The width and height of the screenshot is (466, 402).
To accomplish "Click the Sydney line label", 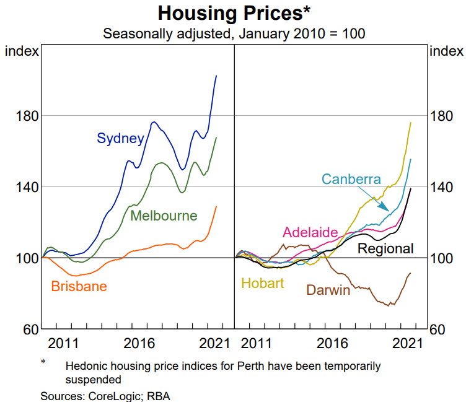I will point(120,138).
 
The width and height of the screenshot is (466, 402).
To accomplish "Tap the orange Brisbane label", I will point(79,286).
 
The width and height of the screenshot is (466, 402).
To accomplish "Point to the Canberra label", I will point(351,180).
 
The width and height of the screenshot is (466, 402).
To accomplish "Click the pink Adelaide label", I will point(310,232).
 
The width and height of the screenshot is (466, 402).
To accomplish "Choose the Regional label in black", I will point(385,248).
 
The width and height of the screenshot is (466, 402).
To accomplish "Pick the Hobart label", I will point(262,284).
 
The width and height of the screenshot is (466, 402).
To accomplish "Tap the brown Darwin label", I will point(328,289).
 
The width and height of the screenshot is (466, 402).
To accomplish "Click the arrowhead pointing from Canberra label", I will point(386,209).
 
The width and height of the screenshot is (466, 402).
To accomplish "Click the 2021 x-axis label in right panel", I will point(410,343).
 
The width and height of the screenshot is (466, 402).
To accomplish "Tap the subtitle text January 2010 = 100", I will point(301,33).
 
